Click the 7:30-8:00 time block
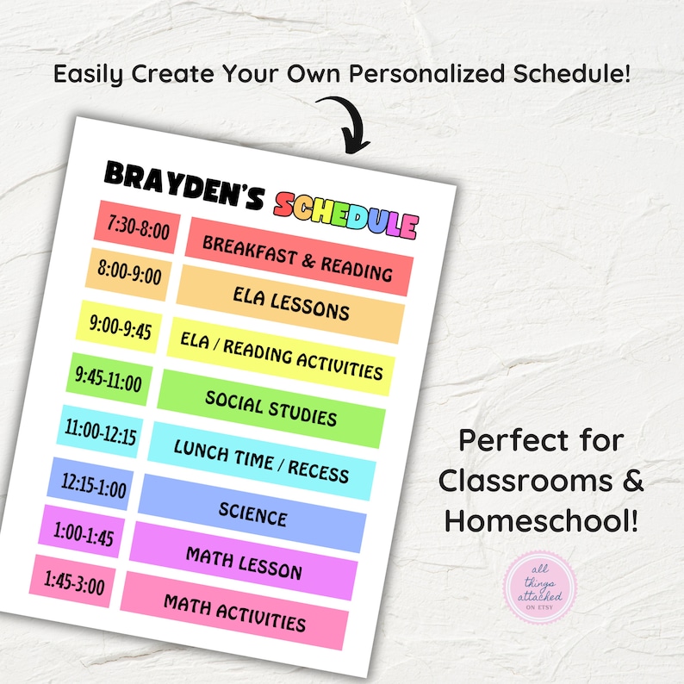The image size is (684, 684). (x=138, y=228)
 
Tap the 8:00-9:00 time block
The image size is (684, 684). (x=128, y=276)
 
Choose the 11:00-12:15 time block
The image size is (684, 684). (x=100, y=432)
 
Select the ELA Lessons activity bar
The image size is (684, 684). (x=289, y=302)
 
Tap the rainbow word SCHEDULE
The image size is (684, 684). (x=345, y=216)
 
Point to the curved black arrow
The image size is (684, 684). (x=345, y=121)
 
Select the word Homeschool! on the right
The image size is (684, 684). (x=542, y=519)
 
